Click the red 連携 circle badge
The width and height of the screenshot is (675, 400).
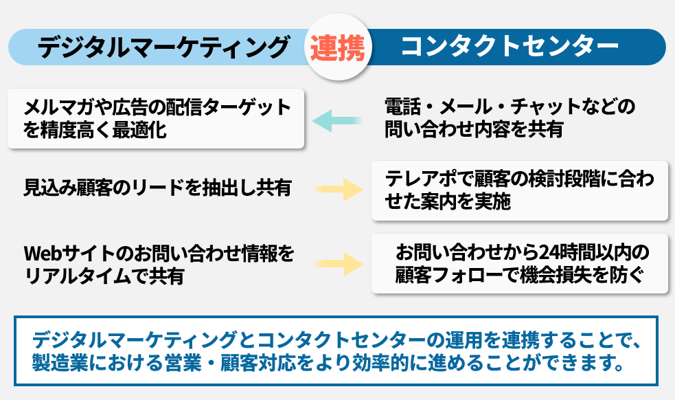coord(338,47)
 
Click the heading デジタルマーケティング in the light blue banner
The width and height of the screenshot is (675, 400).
coord(162,47)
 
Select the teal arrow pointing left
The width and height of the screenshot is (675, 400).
coord(337,121)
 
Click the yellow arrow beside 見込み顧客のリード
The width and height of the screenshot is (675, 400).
coord(338,188)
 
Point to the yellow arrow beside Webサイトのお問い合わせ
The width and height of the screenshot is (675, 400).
coord(338,263)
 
